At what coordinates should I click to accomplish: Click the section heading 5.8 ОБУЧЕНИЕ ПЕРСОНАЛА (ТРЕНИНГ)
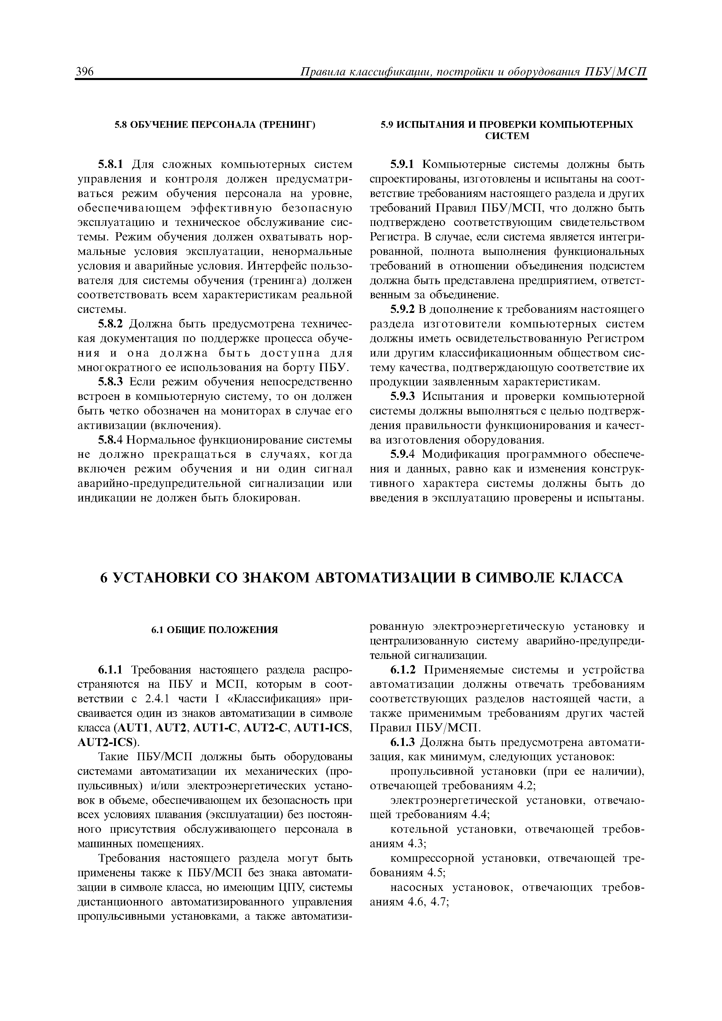(x=215, y=125)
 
